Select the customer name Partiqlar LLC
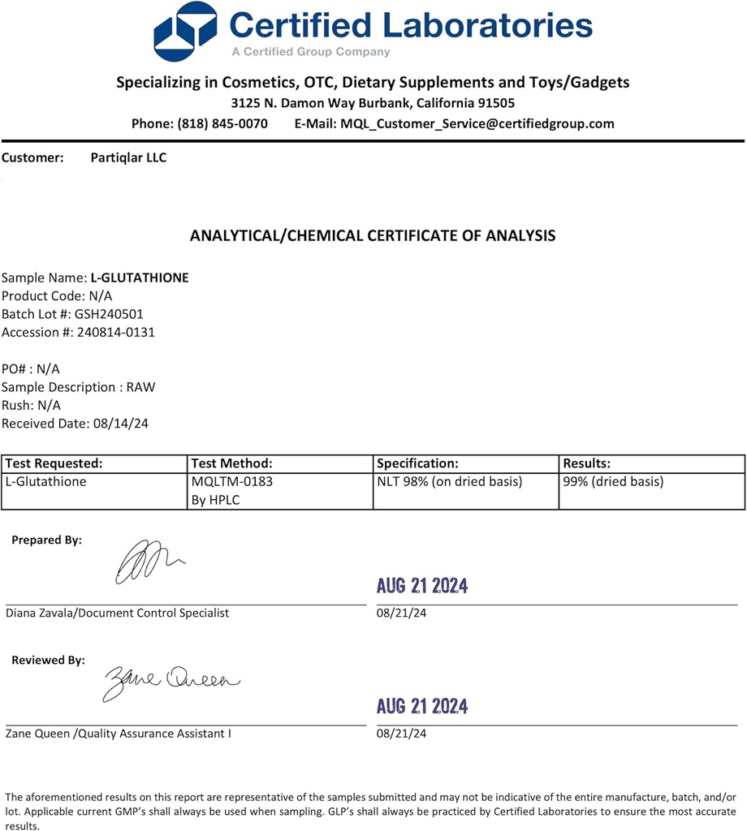point(129,157)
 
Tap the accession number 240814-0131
point(114,332)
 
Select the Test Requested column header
point(54,463)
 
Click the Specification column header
point(418,463)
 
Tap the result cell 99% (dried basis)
point(613,481)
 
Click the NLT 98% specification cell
point(450,481)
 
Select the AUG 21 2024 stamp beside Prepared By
point(422,586)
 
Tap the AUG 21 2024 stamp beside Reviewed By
point(422,706)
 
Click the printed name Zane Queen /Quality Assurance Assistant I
point(119,734)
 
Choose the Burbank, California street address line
point(373,103)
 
